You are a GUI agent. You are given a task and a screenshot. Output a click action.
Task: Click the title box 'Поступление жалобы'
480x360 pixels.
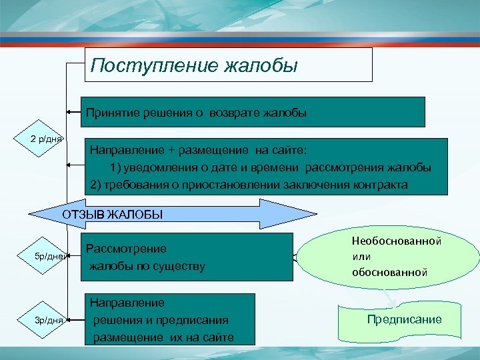click(228, 65)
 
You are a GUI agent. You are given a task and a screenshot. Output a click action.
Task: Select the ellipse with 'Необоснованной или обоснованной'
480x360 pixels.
click(388, 256)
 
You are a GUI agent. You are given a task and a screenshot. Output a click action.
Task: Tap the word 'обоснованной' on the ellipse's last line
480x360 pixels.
click(390, 272)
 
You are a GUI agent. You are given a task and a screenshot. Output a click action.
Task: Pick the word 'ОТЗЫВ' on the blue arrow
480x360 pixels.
click(83, 214)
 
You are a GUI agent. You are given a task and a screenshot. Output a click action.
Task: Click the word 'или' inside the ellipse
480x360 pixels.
click(362, 256)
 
